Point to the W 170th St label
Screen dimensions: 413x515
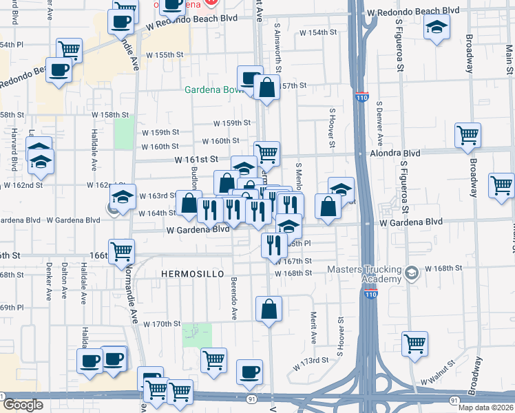[x=161, y=324]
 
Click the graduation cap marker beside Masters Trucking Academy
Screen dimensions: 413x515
[x=411, y=273]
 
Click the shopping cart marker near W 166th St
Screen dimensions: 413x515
[x=121, y=251]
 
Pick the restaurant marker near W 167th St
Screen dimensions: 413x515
[x=275, y=244]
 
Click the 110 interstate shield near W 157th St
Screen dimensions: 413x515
[x=362, y=97]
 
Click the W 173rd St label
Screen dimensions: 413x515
[x=308, y=361]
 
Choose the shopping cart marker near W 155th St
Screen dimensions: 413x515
[x=69, y=50]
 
